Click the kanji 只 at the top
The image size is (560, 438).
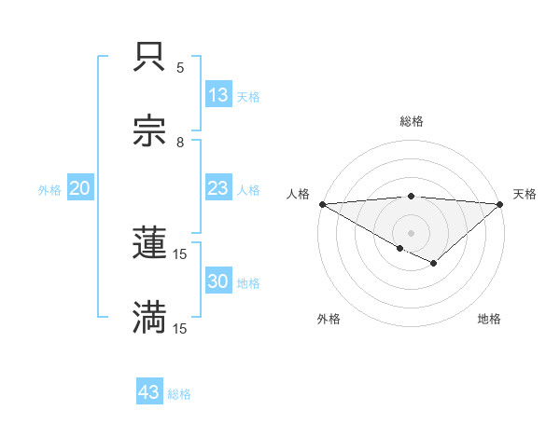[150, 58]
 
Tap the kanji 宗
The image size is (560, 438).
[150, 130]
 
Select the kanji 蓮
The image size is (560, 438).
[150, 243]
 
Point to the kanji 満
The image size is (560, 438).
[150, 317]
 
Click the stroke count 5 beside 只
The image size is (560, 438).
[180, 68]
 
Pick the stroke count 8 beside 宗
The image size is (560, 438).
[180, 142]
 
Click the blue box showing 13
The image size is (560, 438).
[217, 95]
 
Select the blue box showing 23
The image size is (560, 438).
[217, 188]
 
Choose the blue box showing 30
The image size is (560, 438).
[217, 281]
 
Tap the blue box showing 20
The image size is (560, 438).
[80, 188]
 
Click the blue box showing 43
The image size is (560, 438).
[149, 392]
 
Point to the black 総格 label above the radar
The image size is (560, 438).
[411, 121]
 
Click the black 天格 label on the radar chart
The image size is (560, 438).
[525, 194]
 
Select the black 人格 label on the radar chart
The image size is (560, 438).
[297, 194]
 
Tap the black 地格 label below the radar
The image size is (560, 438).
[489, 319]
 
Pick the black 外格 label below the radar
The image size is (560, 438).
[329, 319]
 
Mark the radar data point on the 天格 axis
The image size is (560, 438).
[500, 204]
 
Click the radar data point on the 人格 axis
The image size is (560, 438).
[322, 204]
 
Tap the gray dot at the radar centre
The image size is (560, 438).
[411, 233]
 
